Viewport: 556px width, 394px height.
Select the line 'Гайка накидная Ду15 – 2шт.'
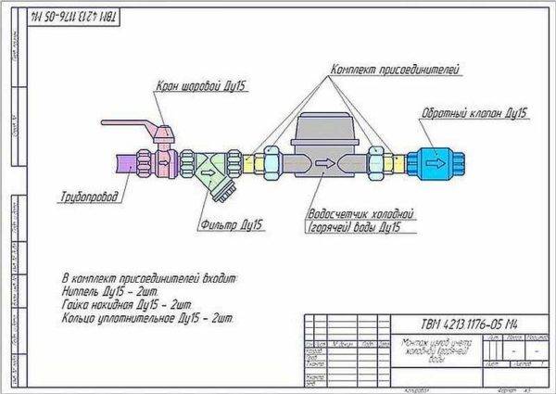coord(131,303)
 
